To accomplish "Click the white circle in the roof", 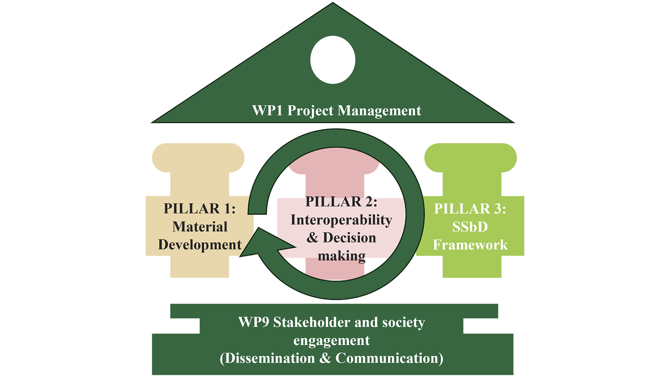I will click(x=333, y=60).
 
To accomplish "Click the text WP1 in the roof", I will click(x=267, y=111).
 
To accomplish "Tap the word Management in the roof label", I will click(x=379, y=111).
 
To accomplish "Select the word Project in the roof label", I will click(x=310, y=111).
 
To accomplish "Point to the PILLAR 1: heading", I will click(x=200, y=209).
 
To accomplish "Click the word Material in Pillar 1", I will click(x=200, y=227).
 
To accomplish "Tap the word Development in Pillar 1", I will click(x=200, y=245).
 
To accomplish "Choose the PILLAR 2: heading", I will click(x=341, y=202).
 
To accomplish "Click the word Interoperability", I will click(x=341, y=220).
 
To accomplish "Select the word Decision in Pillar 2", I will click(x=349, y=238).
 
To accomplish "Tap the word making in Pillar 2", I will click(x=341, y=256).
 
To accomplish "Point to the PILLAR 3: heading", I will click(x=470, y=209).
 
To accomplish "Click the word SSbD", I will click(x=470, y=227).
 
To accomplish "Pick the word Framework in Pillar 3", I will click(x=470, y=245).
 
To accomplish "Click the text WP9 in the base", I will click(x=253, y=322).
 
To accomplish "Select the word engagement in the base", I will click(x=332, y=340).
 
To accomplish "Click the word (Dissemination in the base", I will click(x=267, y=358).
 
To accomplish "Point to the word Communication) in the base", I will click(x=389, y=358).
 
